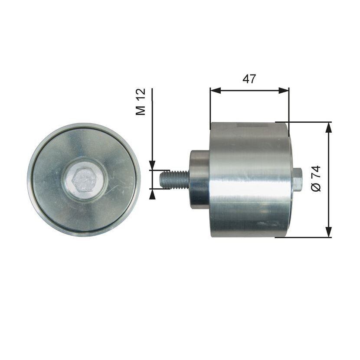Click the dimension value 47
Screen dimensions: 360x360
pos(249,79)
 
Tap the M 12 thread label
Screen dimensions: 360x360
pos(141,101)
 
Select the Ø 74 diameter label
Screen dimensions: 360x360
pos(316,178)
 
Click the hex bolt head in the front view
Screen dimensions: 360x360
pos(84,180)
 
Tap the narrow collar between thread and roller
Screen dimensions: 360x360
pos(199,180)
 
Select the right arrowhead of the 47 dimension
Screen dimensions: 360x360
pos(284,91)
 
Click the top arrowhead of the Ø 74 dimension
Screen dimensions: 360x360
pos(329,127)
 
